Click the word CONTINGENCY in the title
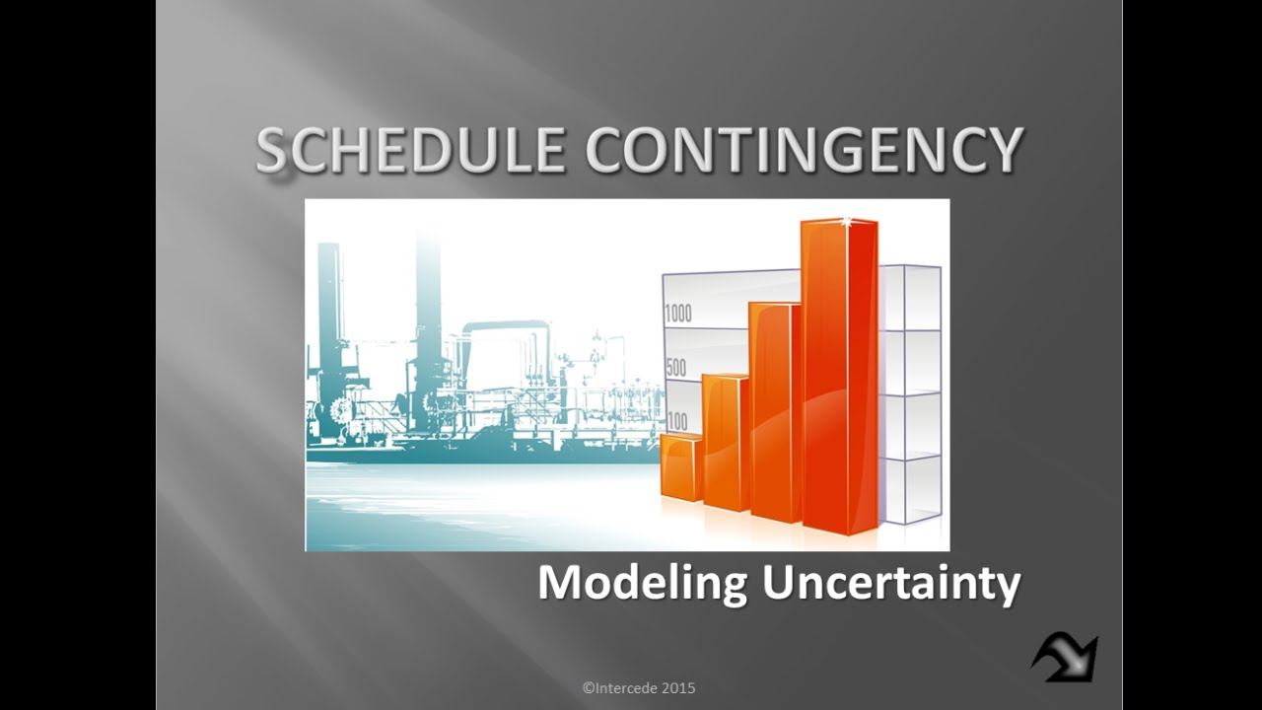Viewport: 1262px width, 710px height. [804, 151]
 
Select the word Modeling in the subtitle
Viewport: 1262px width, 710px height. [642, 583]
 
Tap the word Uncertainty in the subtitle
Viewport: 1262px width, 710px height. [890, 583]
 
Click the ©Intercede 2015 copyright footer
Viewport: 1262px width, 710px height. [639, 687]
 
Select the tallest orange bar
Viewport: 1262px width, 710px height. [839, 375]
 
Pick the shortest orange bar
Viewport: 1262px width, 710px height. [680, 468]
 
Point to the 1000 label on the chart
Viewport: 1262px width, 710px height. [678, 315]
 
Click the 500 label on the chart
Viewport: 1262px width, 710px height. [675, 369]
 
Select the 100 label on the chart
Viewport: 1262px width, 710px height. [677, 422]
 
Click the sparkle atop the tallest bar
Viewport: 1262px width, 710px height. [844, 222]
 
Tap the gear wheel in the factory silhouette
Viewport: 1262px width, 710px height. [341, 409]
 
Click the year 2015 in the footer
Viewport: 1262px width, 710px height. [678, 687]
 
